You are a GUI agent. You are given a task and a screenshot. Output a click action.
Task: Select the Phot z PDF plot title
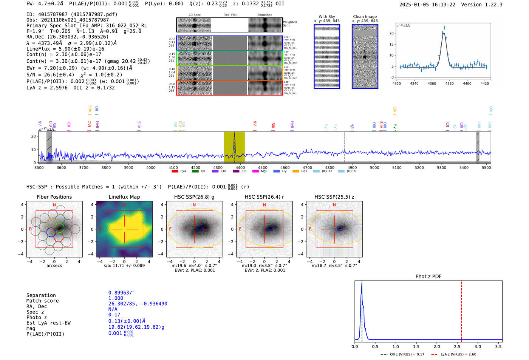tap(428, 276)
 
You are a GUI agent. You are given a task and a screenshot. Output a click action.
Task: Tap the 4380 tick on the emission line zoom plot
tap(449, 83)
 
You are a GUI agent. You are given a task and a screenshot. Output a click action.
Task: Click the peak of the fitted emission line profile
tap(444, 33)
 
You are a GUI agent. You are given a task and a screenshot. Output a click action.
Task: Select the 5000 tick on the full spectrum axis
tap(374, 167)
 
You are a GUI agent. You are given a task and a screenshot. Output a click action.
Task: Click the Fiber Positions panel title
tap(54, 197)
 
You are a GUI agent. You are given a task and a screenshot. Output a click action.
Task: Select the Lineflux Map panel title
tap(124, 197)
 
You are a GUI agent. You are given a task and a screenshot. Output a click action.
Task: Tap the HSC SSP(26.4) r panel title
tap(264, 197)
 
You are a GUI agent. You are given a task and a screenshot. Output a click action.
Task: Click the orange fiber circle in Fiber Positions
tap(52, 222)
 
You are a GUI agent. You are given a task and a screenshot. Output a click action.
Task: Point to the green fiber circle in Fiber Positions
tap(60, 228)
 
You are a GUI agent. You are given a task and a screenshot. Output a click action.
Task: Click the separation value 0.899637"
tap(121, 293)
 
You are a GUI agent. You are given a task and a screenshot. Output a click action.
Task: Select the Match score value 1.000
tap(116, 298)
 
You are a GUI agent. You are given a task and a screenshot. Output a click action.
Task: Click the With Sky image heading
tap(326, 17)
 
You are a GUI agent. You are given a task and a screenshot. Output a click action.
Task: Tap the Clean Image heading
tap(365, 17)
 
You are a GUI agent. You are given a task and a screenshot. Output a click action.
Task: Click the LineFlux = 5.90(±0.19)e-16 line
tap(65, 49)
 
